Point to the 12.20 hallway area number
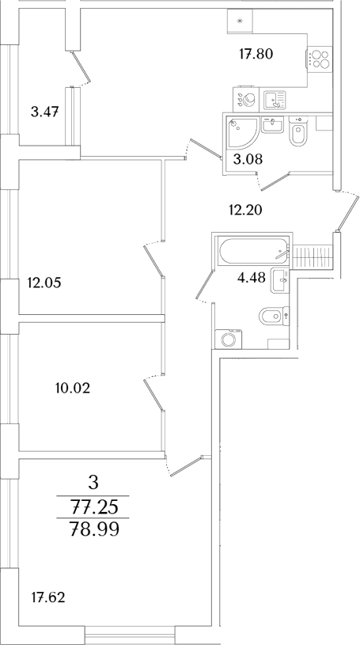tap(244, 210)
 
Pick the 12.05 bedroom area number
tap(44, 281)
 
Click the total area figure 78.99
tap(94, 530)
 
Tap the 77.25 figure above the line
tap(94, 504)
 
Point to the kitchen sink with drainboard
tap(275, 99)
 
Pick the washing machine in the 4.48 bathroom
tap(230, 340)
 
